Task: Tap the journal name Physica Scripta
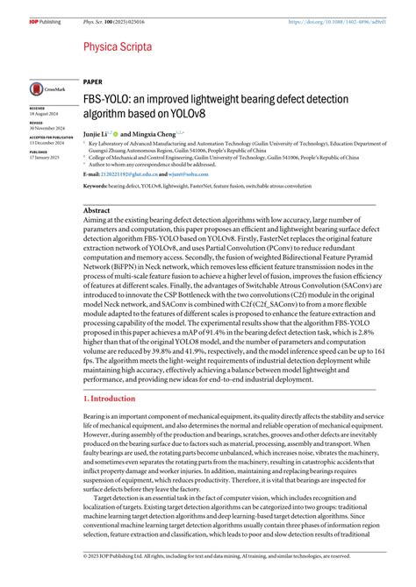click(x=118, y=46)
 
